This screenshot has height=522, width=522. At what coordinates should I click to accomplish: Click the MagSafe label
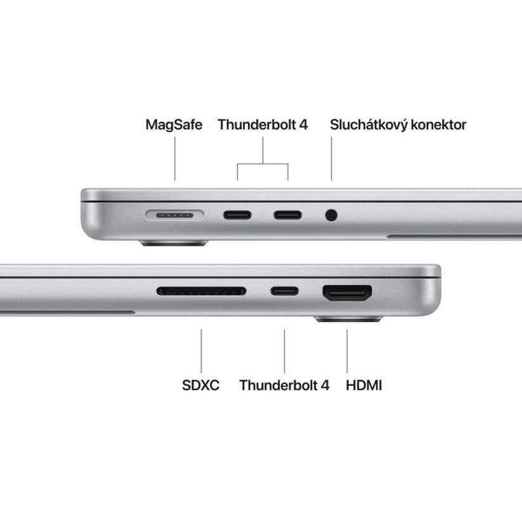pos(174,124)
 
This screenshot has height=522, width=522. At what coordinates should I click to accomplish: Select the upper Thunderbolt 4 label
pos(263,124)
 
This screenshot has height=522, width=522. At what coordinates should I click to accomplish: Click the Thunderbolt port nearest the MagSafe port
pos(237,214)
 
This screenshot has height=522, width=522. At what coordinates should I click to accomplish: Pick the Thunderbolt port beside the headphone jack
pos(288,214)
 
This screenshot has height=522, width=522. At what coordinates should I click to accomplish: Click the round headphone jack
pos(331,215)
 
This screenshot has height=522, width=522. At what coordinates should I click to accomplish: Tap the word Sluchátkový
pos(369,125)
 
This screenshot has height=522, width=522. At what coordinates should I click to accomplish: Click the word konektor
pos(438,124)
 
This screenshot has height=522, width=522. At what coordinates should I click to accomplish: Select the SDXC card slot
pos(201,292)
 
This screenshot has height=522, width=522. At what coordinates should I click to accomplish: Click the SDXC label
pos(200,385)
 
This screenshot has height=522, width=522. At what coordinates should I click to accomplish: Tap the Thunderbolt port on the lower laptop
pos(284,292)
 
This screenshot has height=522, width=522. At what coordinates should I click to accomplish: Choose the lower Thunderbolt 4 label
pos(284,385)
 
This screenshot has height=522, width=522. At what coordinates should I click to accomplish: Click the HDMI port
pos(347,293)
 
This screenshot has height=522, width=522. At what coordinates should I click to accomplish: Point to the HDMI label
pos(364,385)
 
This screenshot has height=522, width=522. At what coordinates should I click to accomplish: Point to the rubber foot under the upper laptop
pos(174,242)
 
